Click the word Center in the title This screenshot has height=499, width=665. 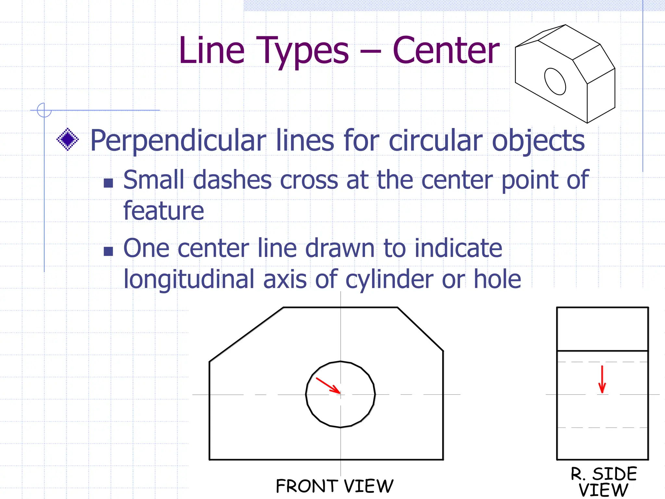(446, 51)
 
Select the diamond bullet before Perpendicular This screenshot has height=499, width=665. (68, 139)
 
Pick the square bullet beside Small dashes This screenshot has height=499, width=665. (108, 183)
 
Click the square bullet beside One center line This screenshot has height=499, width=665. (108, 251)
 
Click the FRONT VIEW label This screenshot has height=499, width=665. (334, 486)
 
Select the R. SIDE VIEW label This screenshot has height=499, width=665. (604, 482)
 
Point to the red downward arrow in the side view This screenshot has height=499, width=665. (602, 379)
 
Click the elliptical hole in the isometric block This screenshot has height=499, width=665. (555, 81)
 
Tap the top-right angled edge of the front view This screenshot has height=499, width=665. (420, 329)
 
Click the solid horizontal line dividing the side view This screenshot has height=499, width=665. (602, 351)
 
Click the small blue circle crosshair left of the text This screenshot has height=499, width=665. (44, 110)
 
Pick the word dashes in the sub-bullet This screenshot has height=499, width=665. (232, 180)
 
